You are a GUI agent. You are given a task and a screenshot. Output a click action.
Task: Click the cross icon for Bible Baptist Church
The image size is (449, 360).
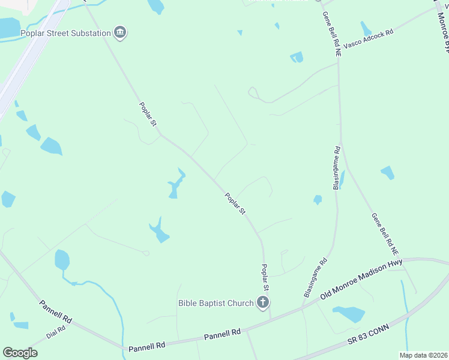(x=262, y=302)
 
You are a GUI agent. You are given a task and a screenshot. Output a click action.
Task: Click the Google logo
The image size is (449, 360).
(x=20, y=353)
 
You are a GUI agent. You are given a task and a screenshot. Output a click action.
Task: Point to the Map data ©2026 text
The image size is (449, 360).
(x=423, y=355)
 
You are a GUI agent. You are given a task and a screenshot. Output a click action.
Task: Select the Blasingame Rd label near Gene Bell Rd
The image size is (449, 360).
(x=337, y=167)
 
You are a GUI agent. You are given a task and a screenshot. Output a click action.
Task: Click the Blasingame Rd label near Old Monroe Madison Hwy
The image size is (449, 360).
(x=316, y=277)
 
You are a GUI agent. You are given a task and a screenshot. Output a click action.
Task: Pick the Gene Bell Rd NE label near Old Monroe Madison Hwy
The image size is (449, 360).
(x=385, y=235)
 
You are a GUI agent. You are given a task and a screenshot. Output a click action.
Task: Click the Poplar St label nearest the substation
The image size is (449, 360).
(x=148, y=114)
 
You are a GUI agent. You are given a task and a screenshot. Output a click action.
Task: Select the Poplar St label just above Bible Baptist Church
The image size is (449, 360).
(x=264, y=278)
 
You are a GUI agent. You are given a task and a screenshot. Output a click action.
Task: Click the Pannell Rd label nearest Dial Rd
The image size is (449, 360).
(x=56, y=312)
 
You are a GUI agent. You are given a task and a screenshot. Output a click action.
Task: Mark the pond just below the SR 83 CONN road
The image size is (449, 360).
(x=349, y=314)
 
